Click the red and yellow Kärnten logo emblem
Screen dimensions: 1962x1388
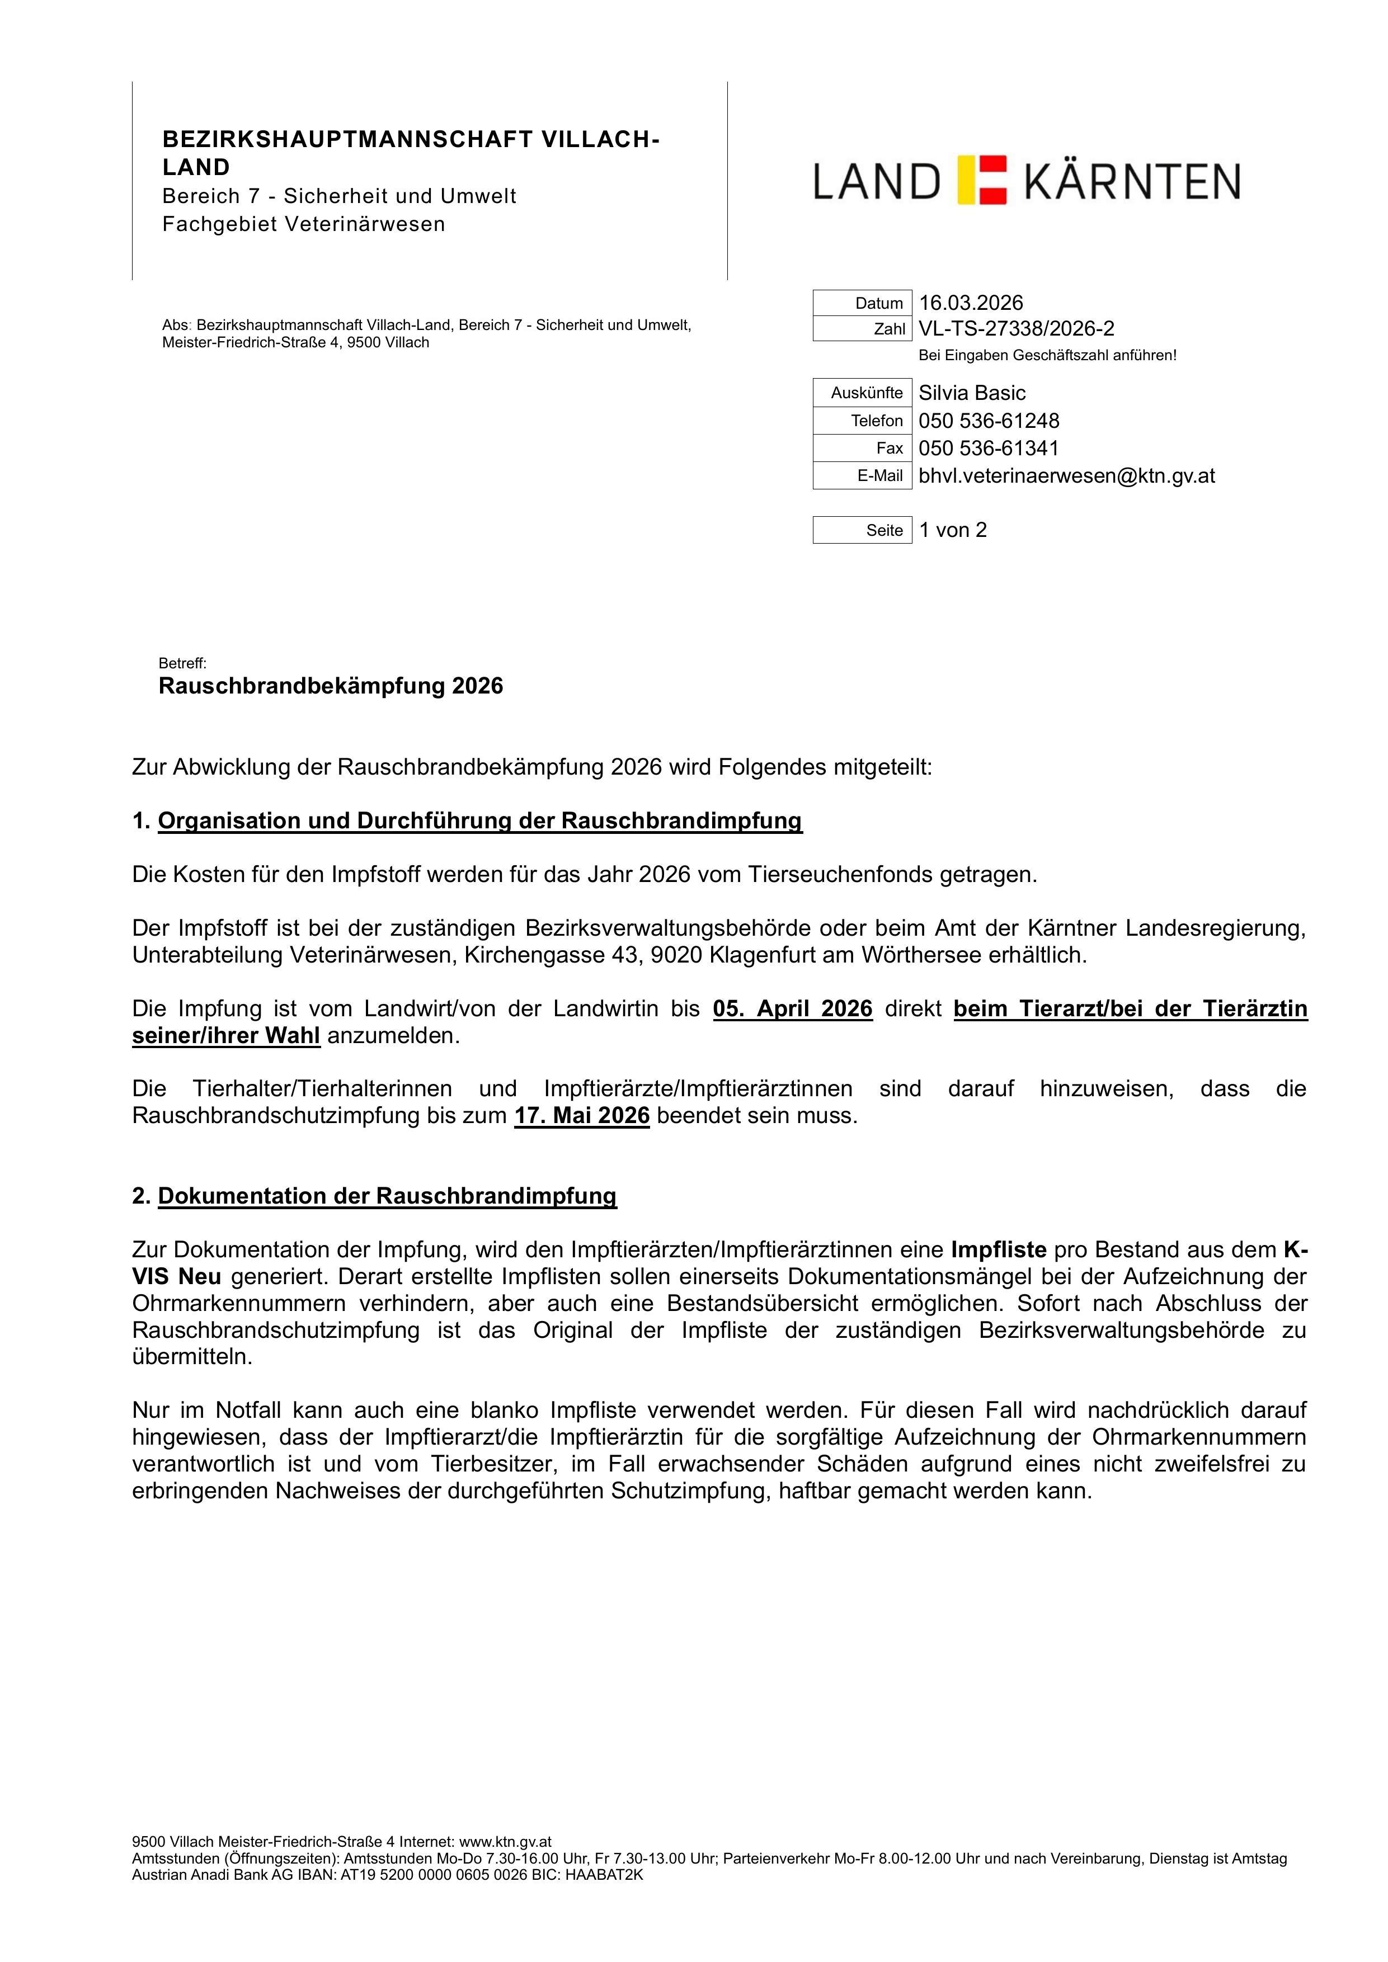tap(982, 180)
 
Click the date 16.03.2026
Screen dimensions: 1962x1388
tap(970, 303)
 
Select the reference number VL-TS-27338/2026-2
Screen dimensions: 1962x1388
tap(1015, 329)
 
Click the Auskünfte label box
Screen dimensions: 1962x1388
tap(862, 393)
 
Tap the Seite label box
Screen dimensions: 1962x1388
tap(862, 531)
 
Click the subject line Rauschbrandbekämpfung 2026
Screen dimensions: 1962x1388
tap(331, 686)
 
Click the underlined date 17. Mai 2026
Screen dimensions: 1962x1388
tap(581, 1116)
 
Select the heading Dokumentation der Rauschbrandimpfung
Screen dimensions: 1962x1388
tap(387, 1196)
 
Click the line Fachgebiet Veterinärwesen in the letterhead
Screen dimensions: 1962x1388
tap(303, 225)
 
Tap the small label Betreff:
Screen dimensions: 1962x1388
tap(182, 664)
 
